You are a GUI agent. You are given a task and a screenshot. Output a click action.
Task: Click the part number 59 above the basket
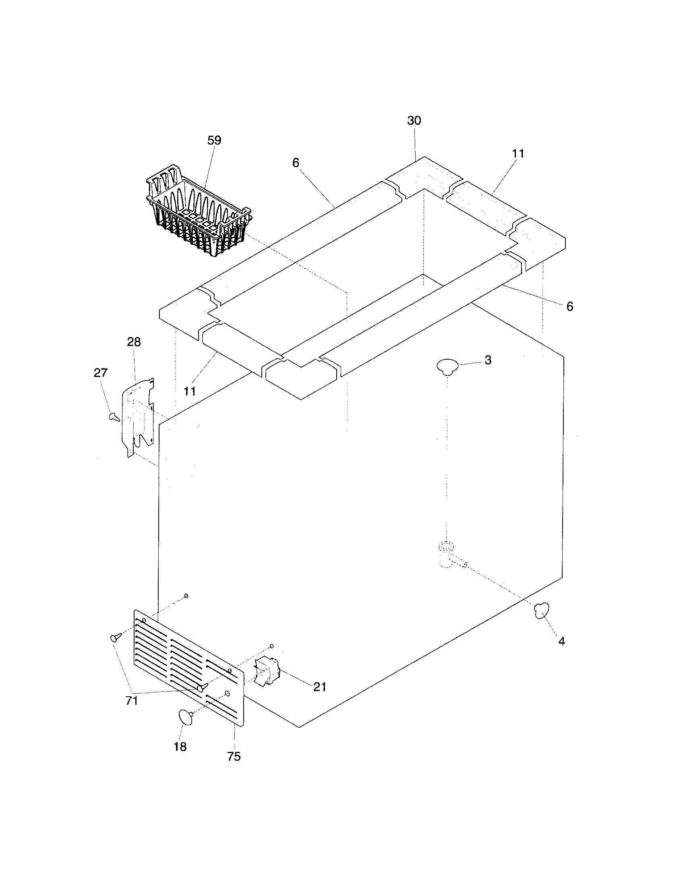[x=214, y=141]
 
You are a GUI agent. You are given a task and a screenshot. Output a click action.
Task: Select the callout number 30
[x=414, y=120]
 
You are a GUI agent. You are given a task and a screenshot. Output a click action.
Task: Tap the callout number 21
[x=320, y=687]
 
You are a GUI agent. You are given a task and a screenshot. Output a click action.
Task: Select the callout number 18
[x=180, y=747]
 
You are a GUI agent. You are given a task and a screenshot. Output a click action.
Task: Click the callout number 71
[x=132, y=700]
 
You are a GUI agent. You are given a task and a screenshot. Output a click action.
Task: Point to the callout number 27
[x=100, y=373]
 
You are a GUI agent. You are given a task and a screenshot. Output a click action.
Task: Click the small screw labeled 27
[x=114, y=416]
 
